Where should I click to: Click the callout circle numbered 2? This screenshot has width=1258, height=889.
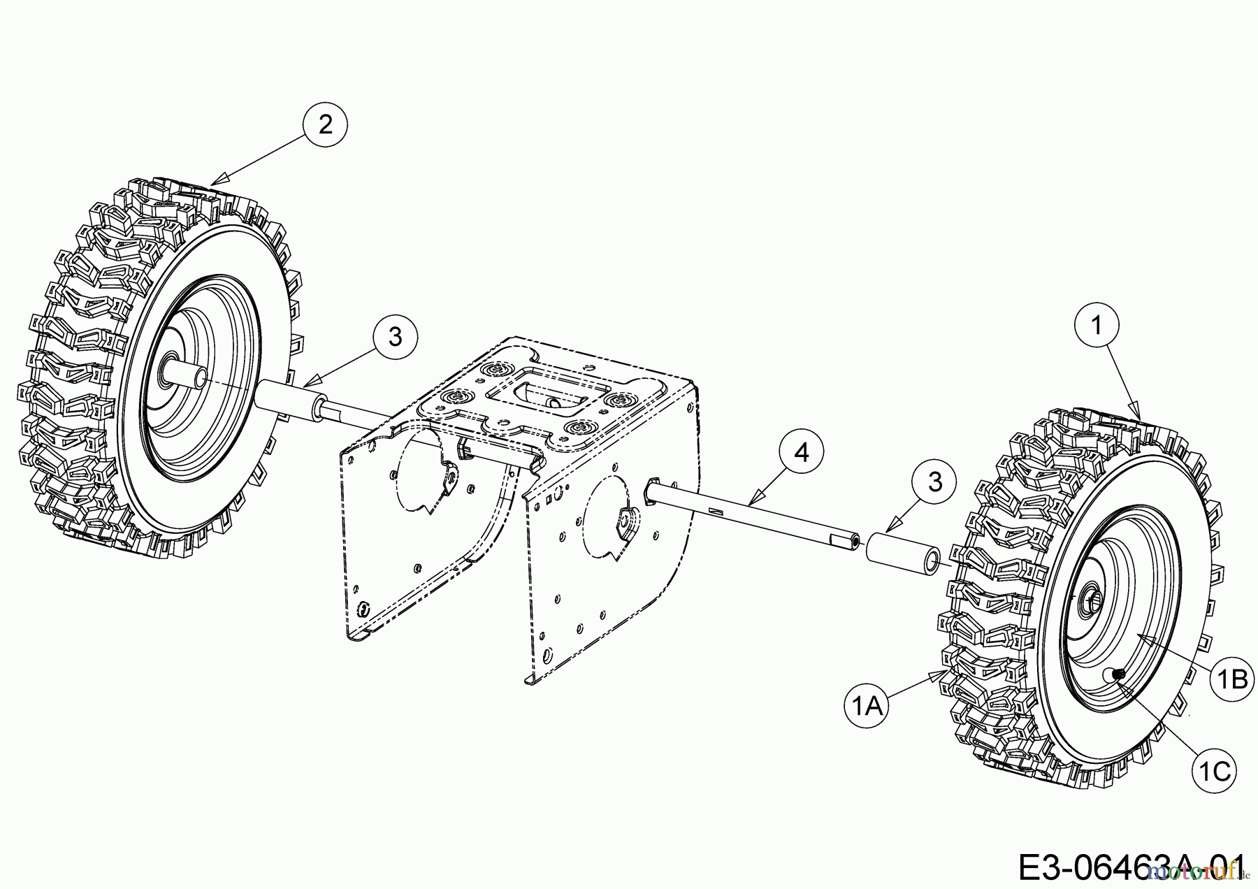[x=325, y=125]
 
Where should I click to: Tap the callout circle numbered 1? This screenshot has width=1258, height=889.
[x=1097, y=324]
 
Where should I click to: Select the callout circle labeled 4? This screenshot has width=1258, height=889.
[x=802, y=452]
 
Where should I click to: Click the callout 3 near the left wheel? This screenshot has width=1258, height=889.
[x=395, y=337]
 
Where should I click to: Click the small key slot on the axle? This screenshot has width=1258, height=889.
[x=715, y=512]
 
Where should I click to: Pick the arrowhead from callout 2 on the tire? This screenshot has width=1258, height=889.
[x=213, y=184]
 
